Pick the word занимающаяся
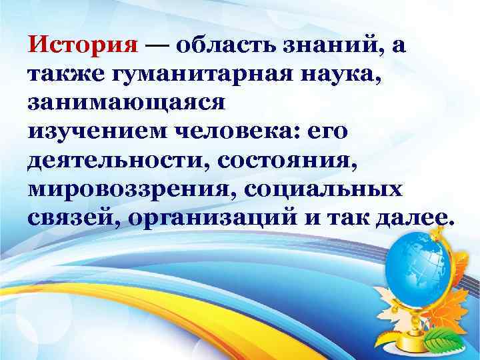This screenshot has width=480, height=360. coord(127,103)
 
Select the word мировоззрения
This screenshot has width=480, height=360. coord(131,189)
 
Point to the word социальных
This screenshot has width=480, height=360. coord(324,189)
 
